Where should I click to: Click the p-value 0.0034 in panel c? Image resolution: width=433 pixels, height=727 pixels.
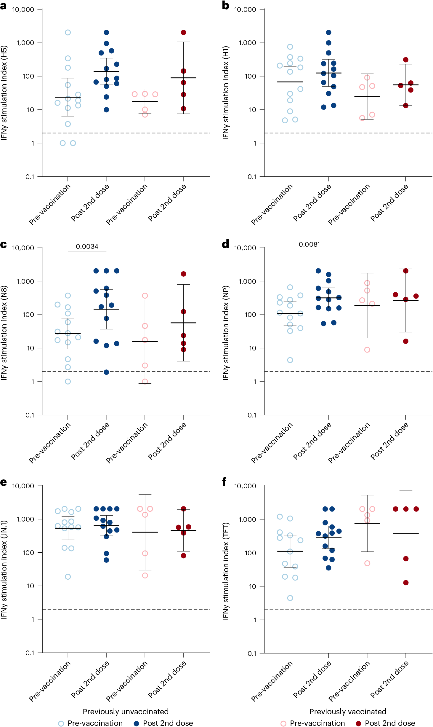(87, 246)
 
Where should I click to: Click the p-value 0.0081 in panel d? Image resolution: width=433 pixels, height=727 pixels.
(309, 244)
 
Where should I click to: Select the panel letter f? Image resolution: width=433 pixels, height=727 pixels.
(224, 482)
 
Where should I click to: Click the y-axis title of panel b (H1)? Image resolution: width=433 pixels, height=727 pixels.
(226, 93)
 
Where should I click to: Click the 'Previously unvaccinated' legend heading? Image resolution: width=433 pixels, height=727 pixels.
(126, 712)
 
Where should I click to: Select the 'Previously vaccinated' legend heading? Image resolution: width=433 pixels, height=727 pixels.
(348, 712)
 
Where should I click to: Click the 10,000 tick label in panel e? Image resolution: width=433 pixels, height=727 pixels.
(23, 486)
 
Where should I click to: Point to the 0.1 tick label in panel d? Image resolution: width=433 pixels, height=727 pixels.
(252, 415)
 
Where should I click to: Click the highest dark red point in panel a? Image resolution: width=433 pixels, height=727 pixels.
(183, 32)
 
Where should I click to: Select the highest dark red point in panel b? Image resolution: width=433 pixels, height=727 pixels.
(406, 60)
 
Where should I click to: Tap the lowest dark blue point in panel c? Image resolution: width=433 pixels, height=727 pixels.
(106, 372)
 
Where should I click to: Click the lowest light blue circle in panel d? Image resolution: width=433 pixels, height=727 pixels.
(290, 360)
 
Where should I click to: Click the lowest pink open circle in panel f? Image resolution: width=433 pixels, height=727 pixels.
(367, 563)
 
